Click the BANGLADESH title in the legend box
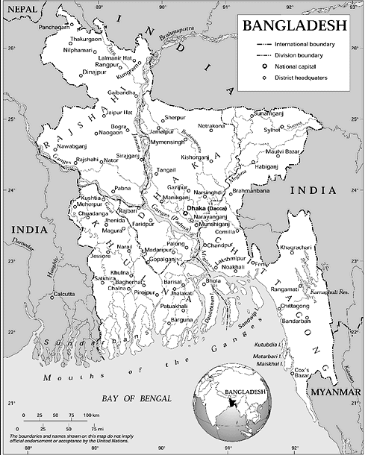pos(293,25)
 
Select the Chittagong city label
pos(293,306)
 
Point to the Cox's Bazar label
pos(302,373)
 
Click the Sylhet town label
pos(271,129)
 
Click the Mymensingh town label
pos(166,142)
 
